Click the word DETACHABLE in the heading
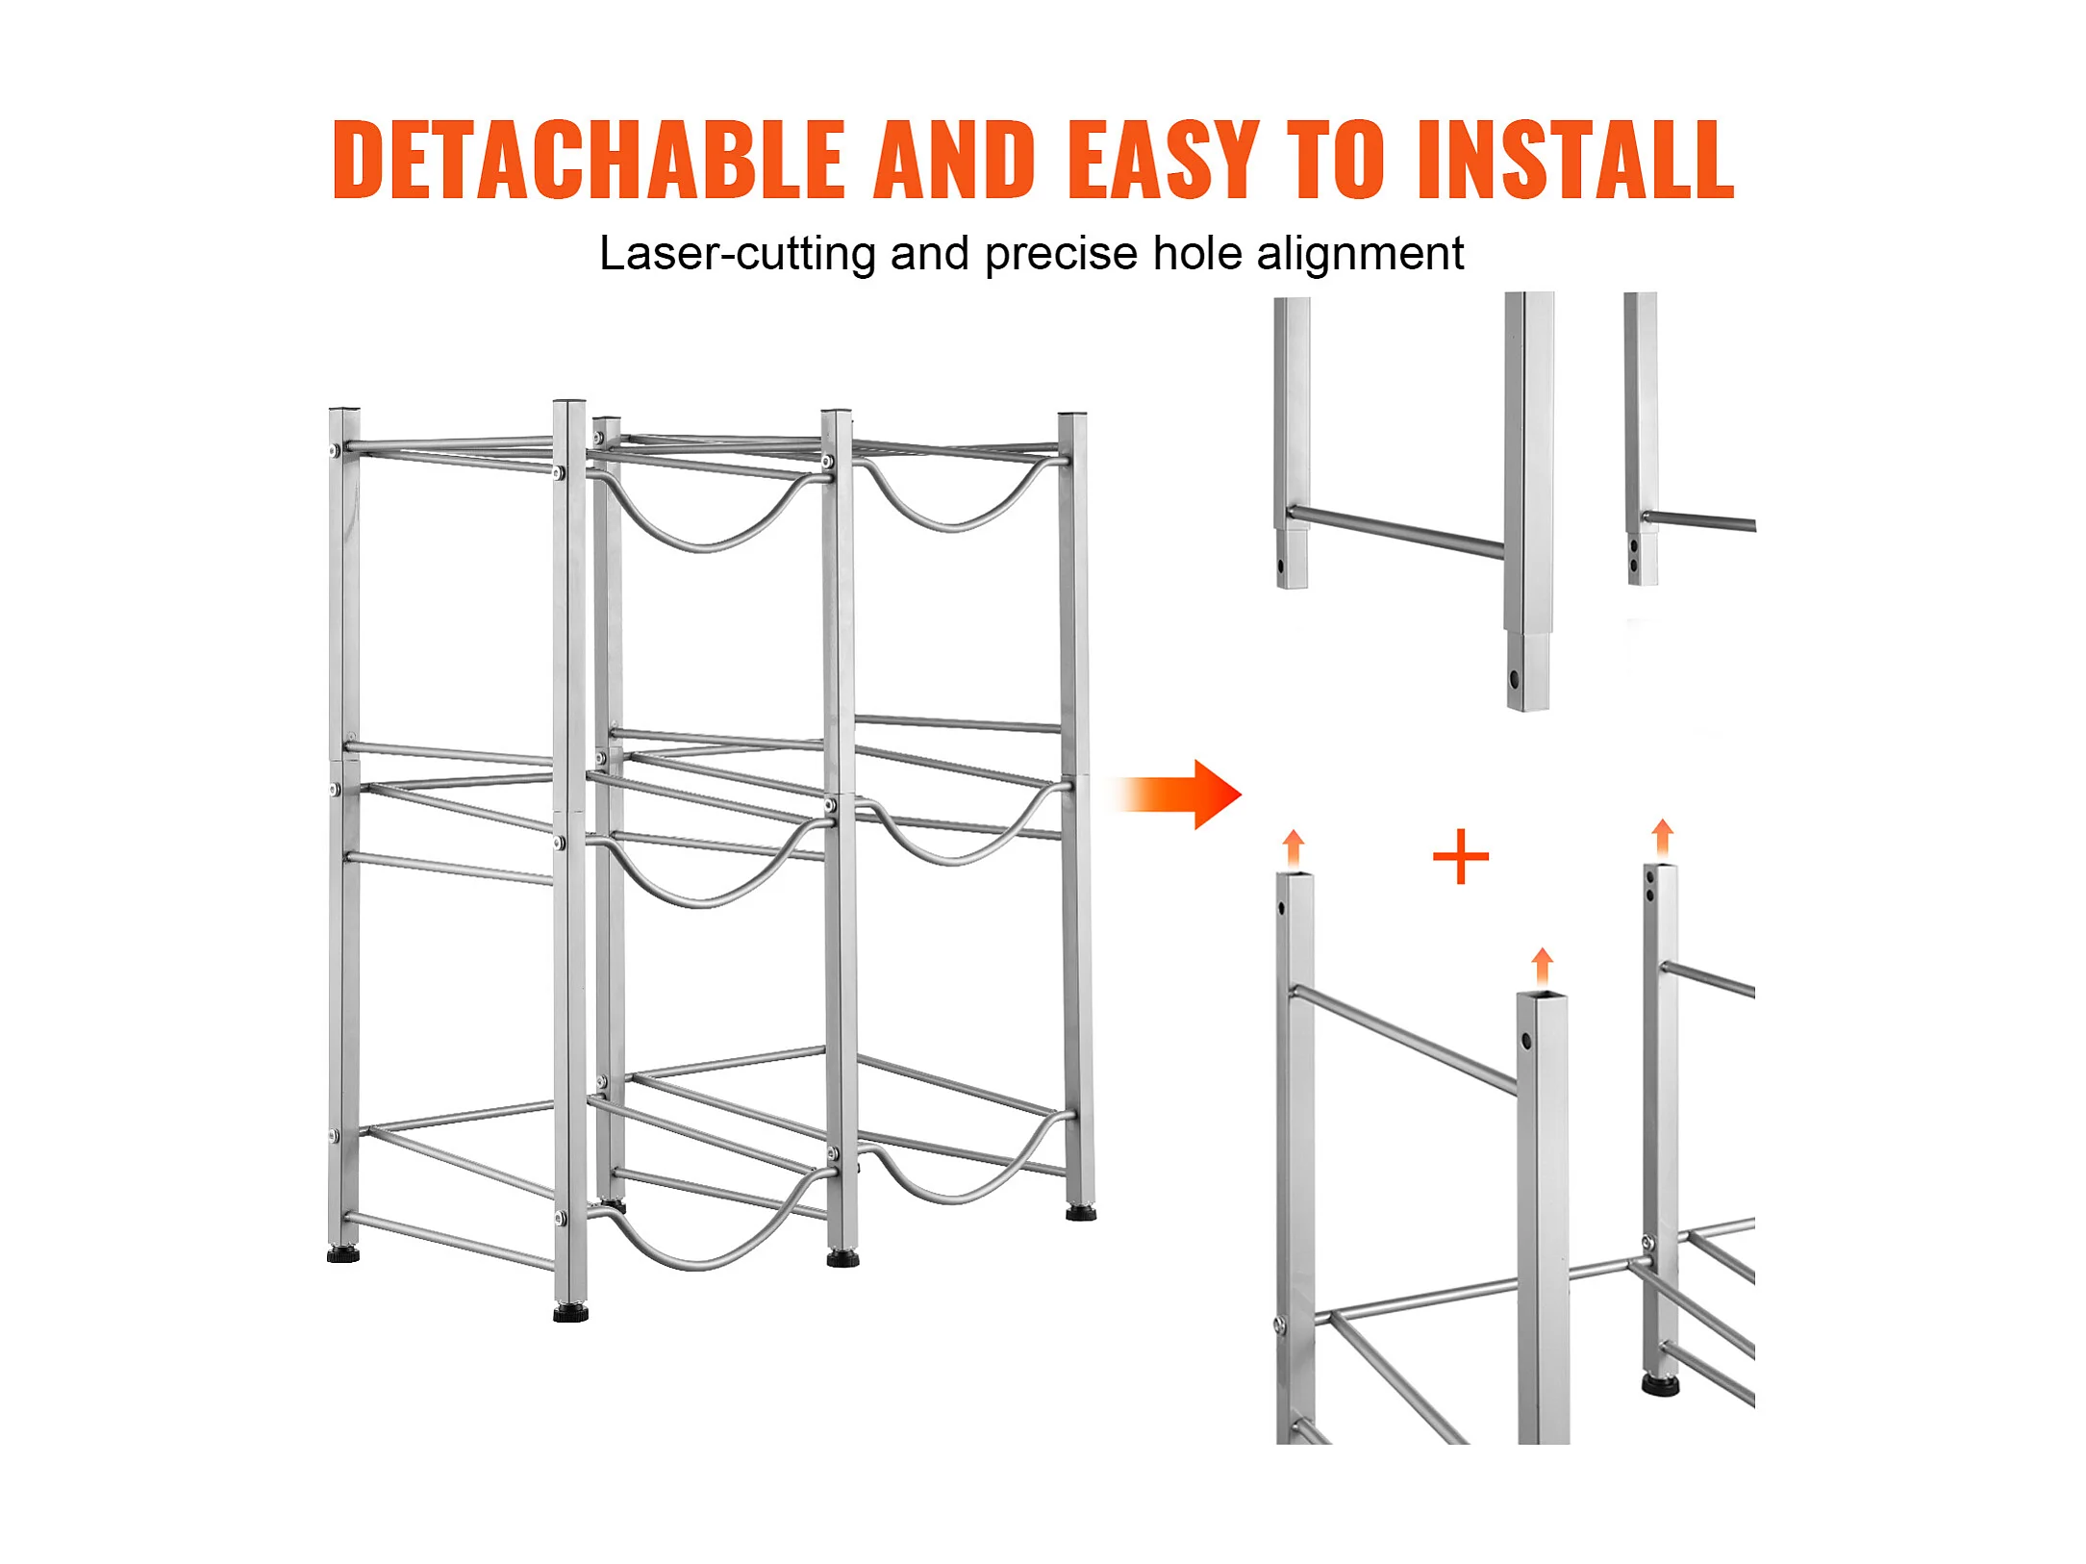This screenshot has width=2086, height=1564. [x=589, y=160]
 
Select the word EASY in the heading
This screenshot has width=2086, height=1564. [x=1164, y=160]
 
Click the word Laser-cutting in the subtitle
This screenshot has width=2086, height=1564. [x=737, y=254]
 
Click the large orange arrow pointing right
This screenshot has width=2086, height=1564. [x=1177, y=795]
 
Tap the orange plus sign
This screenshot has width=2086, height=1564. [x=1461, y=856]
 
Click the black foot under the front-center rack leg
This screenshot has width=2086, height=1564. [x=570, y=1312]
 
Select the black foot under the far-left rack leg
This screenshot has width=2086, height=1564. [x=343, y=1253]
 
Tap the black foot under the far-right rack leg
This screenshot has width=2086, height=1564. [x=1081, y=1213]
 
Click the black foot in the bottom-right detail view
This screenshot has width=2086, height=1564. [x=1660, y=1385]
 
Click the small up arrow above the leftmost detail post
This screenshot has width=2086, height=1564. [x=1294, y=849]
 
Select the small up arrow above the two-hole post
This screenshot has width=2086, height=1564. [x=1662, y=839]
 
